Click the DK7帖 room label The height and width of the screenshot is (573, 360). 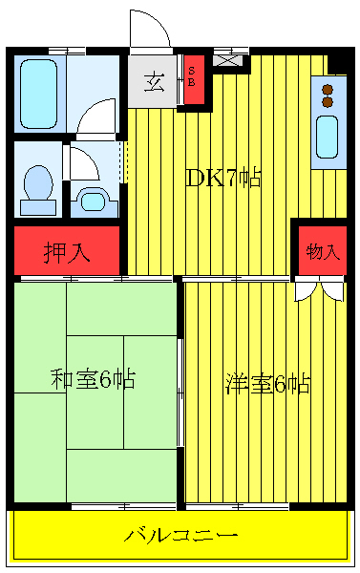(x=222, y=178)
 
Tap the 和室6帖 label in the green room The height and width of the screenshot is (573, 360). (x=92, y=379)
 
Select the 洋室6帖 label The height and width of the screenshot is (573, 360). (x=267, y=384)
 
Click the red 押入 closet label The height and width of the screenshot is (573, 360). (x=67, y=252)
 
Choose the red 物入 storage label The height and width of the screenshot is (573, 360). (x=322, y=252)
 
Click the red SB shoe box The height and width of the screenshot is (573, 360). (x=192, y=76)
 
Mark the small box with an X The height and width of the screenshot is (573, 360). (x=227, y=59)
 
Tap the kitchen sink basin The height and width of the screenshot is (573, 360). (x=327, y=137)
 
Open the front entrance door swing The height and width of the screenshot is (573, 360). (x=148, y=29)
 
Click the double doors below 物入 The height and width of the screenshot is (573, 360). (x=319, y=288)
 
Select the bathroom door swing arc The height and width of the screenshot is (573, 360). (x=97, y=121)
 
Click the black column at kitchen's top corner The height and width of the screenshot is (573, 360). (x=336, y=62)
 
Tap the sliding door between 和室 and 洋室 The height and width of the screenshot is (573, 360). (x=180, y=392)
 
